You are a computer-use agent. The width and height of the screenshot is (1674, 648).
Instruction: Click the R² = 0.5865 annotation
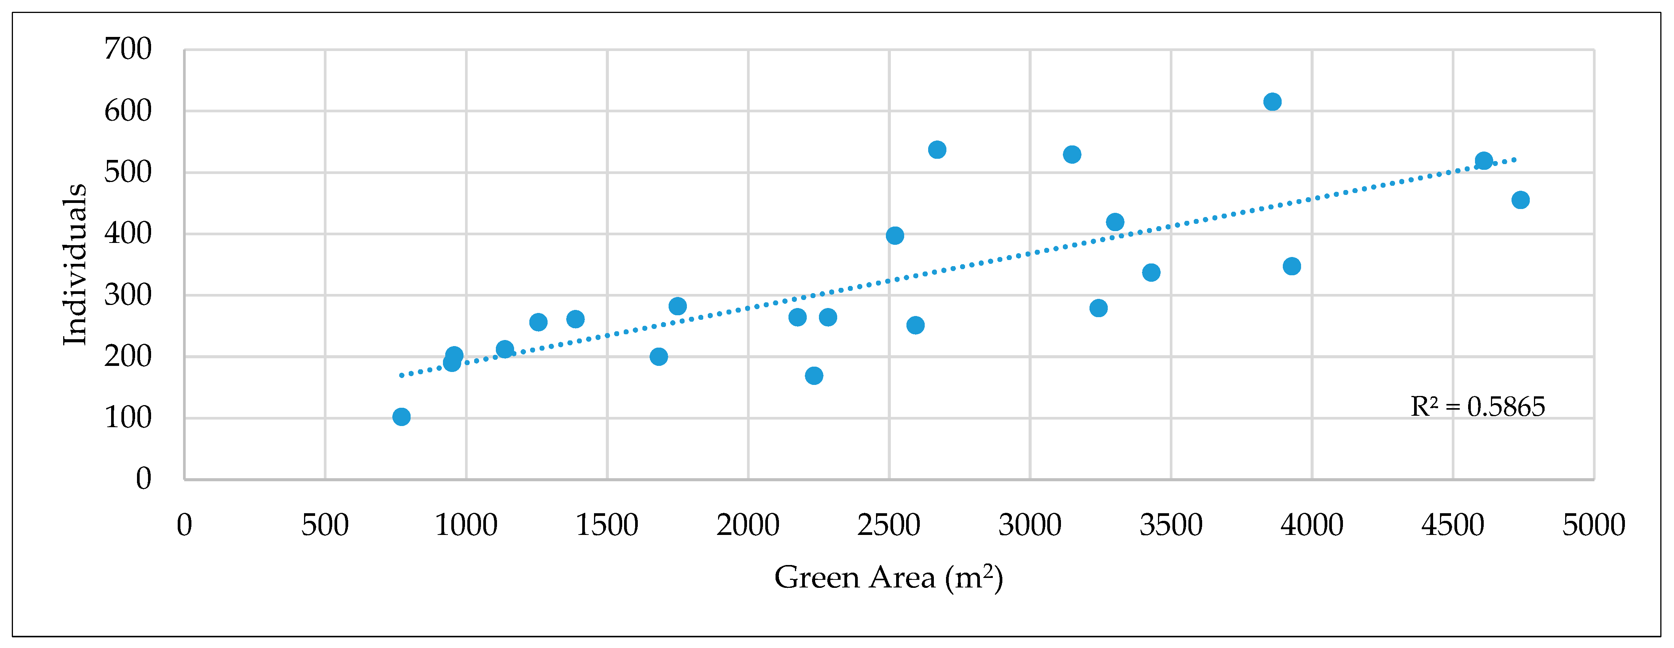(x=1477, y=407)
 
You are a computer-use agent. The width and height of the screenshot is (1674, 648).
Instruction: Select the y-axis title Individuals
(x=75, y=265)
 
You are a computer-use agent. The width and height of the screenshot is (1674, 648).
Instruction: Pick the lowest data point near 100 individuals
(x=401, y=417)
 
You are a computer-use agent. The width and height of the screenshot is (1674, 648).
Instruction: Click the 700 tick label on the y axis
(x=128, y=49)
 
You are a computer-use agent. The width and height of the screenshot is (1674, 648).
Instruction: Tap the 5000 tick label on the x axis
(x=1593, y=525)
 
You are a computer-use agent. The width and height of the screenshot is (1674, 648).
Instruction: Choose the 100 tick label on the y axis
(x=128, y=418)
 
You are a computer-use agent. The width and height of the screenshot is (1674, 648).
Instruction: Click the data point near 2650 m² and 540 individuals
(x=937, y=150)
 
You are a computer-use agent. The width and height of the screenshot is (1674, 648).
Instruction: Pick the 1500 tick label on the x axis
(x=607, y=525)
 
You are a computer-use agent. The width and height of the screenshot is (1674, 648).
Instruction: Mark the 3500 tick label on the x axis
(x=1171, y=525)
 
